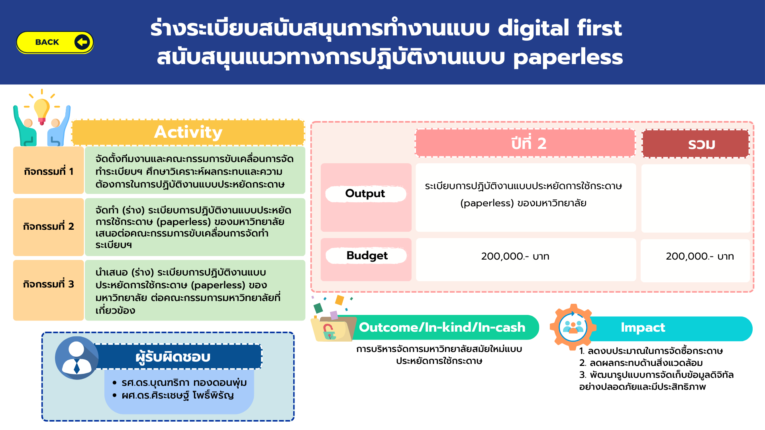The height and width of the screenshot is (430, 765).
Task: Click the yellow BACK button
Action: click(55, 42)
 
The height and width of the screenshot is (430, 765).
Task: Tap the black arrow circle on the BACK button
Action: click(82, 42)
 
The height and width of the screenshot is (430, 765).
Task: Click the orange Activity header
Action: click(188, 132)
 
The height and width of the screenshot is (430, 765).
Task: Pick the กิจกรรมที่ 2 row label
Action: click(49, 227)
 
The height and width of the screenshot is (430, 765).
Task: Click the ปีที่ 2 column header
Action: click(525, 143)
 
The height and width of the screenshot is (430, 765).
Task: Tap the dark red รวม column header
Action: click(696, 144)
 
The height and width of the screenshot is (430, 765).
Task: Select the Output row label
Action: click(366, 194)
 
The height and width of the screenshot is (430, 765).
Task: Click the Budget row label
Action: click(367, 256)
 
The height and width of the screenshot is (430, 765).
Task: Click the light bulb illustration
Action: click(42, 110)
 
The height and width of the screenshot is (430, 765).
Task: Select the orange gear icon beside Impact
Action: click(573, 327)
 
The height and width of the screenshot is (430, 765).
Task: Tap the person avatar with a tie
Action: click(76, 358)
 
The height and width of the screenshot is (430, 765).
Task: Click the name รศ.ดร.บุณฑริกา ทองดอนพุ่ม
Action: click(184, 383)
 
